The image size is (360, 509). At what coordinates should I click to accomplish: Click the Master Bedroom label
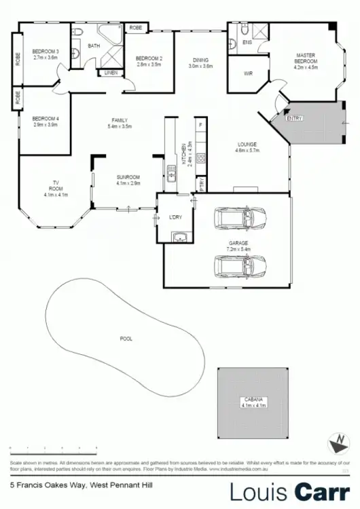pos(306,58)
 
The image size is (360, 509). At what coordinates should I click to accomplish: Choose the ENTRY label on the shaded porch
pos(294,118)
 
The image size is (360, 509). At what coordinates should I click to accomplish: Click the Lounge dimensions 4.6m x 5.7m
pos(245,150)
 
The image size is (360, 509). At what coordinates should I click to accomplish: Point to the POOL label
pos(126,338)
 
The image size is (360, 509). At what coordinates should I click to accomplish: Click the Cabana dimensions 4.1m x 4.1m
pos(253,405)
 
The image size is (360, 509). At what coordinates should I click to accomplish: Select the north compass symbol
pos(336,445)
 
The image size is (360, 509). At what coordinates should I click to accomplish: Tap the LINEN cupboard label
pos(110,72)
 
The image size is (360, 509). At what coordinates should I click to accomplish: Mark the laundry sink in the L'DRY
pos(180,236)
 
